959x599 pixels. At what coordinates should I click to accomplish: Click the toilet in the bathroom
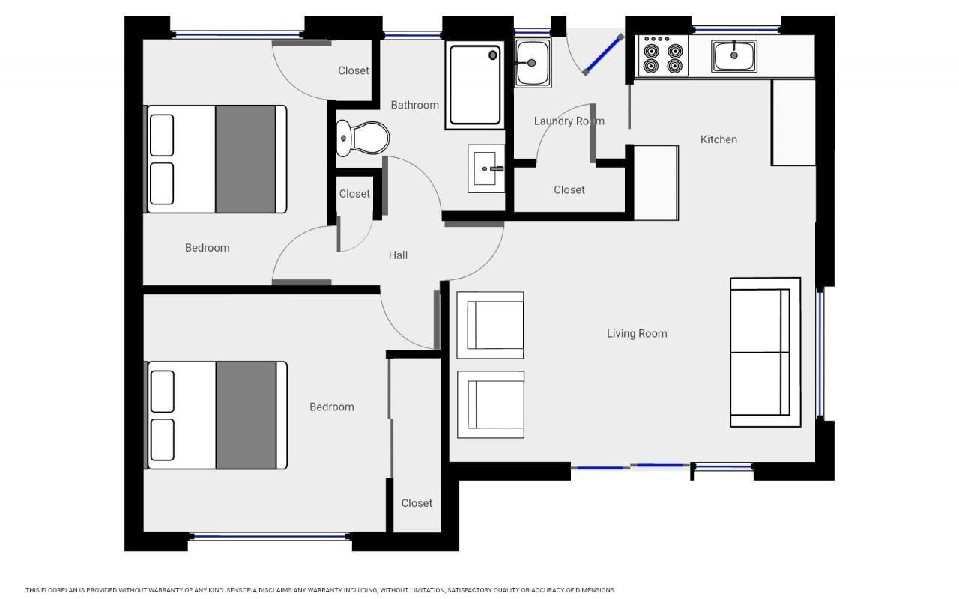[x=362, y=138]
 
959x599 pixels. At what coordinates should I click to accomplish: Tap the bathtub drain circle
[x=493, y=55]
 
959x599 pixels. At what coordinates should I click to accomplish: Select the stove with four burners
[x=663, y=56]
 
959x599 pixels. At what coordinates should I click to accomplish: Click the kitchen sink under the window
[x=733, y=56]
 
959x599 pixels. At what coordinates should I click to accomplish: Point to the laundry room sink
[x=533, y=63]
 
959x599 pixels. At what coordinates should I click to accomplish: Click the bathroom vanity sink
[x=486, y=168]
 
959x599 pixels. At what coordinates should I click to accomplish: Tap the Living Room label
[x=637, y=334]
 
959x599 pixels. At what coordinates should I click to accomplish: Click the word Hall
[x=398, y=255]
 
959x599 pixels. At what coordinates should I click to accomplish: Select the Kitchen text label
[x=719, y=139]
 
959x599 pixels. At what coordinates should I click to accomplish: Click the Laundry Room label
[x=569, y=121]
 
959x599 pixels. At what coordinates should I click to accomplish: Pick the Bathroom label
[x=414, y=105]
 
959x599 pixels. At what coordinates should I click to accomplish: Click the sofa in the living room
[x=765, y=352]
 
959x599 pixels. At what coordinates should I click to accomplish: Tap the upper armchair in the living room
[x=490, y=325]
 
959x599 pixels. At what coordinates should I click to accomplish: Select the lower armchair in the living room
[x=491, y=405]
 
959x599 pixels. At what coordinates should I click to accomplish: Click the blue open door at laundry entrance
[x=603, y=55]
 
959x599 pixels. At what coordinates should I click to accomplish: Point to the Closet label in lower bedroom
[x=417, y=503]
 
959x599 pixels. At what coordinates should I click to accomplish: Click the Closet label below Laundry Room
[x=569, y=190]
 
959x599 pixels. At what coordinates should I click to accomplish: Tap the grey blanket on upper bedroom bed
[x=245, y=159]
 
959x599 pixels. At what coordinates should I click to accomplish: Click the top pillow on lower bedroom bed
[x=163, y=392]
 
